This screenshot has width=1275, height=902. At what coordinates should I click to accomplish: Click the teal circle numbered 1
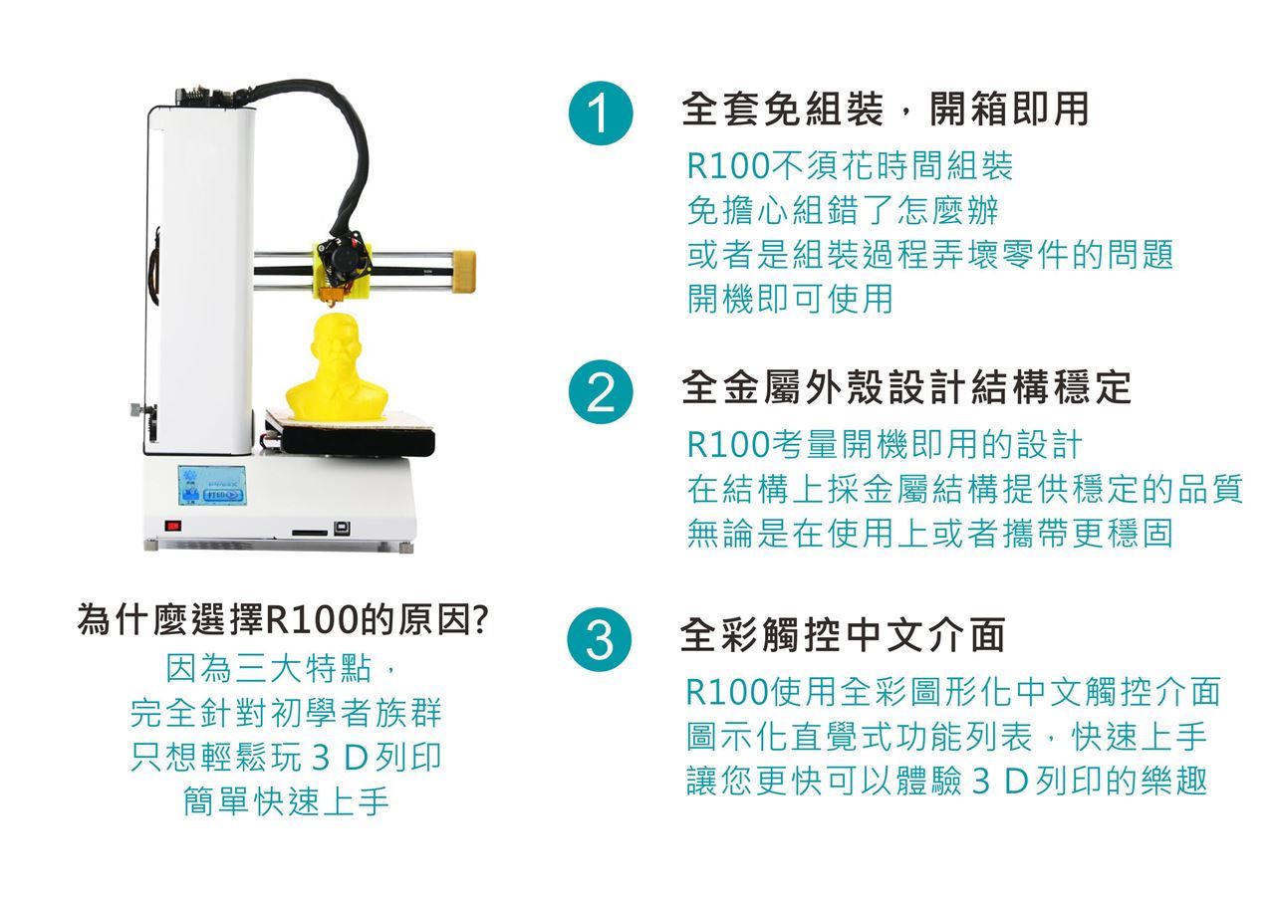[x=601, y=113]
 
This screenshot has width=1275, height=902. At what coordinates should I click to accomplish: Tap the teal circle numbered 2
[x=601, y=392]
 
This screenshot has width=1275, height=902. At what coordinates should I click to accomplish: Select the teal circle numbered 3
[x=600, y=639]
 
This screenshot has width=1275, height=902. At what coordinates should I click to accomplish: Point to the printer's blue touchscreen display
[x=212, y=486]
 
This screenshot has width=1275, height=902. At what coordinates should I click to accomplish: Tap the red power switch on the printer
[x=173, y=526]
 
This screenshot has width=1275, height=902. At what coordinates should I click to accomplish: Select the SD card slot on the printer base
[x=310, y=533]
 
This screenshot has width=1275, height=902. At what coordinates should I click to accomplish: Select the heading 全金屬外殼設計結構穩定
[x=906, y=387]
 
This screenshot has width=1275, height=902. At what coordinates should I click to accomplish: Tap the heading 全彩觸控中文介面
[x=843, y=635]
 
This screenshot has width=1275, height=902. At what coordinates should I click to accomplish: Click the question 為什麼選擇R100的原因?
[x=283, y=619]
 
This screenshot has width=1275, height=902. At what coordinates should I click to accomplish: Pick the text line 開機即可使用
[x=790, y=299]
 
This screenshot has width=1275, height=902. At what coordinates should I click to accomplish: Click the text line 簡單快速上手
[x=286, y=801]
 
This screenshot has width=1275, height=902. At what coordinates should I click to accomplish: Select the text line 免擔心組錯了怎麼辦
[x=843, y=210]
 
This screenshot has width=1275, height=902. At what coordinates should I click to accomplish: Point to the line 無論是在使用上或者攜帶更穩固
[x=930, y=534]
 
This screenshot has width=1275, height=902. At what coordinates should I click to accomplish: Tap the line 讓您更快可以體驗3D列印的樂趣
[x=946, y=781]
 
